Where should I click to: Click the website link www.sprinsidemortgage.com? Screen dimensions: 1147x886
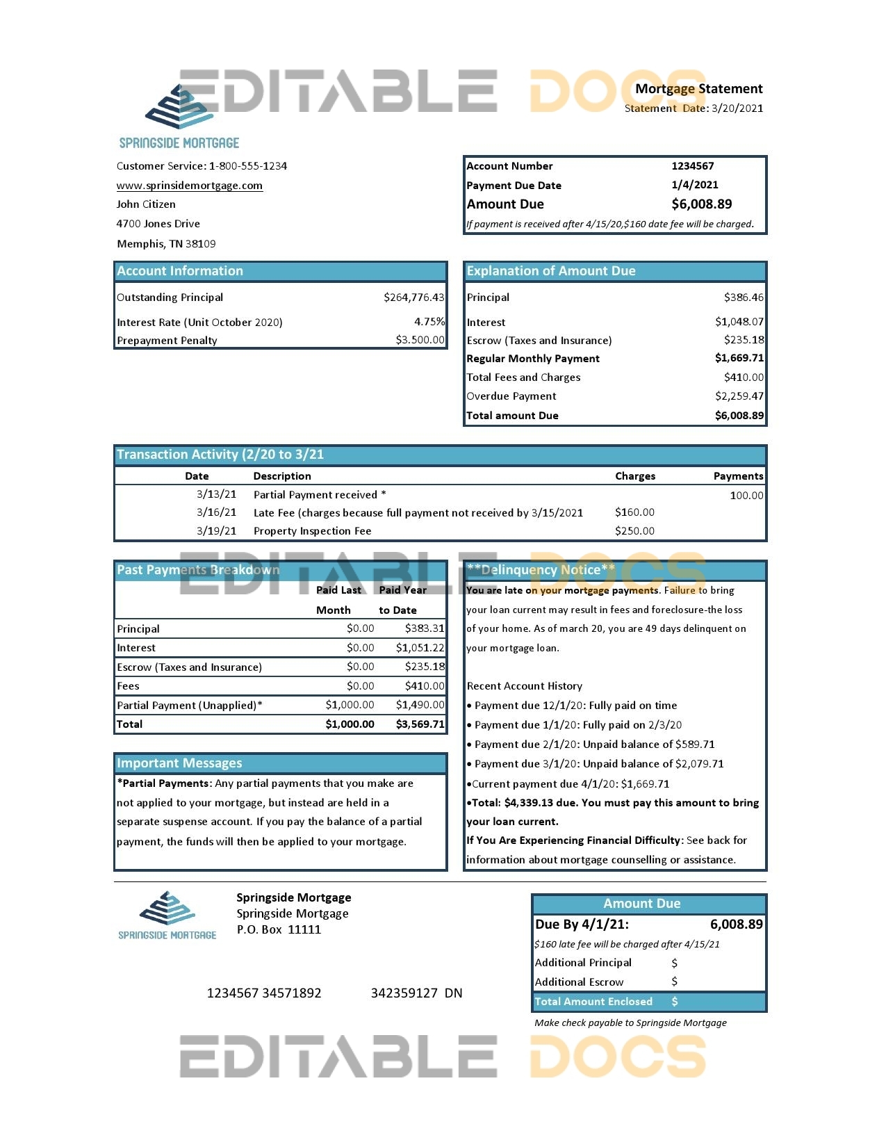click(189, 186)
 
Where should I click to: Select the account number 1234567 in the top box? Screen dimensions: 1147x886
click(692, 166)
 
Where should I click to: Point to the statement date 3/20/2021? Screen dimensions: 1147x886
click(737, 108)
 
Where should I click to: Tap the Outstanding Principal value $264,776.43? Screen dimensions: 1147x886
click(413, 298)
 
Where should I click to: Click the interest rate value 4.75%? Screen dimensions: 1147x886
click(429, 322)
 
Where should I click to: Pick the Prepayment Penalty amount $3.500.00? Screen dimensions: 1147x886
click(420, 340)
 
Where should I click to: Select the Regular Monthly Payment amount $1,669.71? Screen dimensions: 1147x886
click(739, 358)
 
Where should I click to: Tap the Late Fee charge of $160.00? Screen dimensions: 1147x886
click(634, 512)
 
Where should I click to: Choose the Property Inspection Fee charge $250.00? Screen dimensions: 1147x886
click(634, 531)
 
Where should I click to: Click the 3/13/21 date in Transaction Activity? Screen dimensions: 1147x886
click(216, 494)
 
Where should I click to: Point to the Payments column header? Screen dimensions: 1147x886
click(738, 476)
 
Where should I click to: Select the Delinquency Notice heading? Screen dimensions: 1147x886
click(541, 570)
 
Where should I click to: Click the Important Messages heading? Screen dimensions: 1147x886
click(179, 763)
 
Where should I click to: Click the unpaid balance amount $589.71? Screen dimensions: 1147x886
click(695, 745)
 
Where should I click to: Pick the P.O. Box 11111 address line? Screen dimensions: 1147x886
click(279, 930)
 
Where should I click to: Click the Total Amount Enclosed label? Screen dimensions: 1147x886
click(593, 1002)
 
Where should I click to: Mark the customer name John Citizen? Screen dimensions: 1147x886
click(146, 204)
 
